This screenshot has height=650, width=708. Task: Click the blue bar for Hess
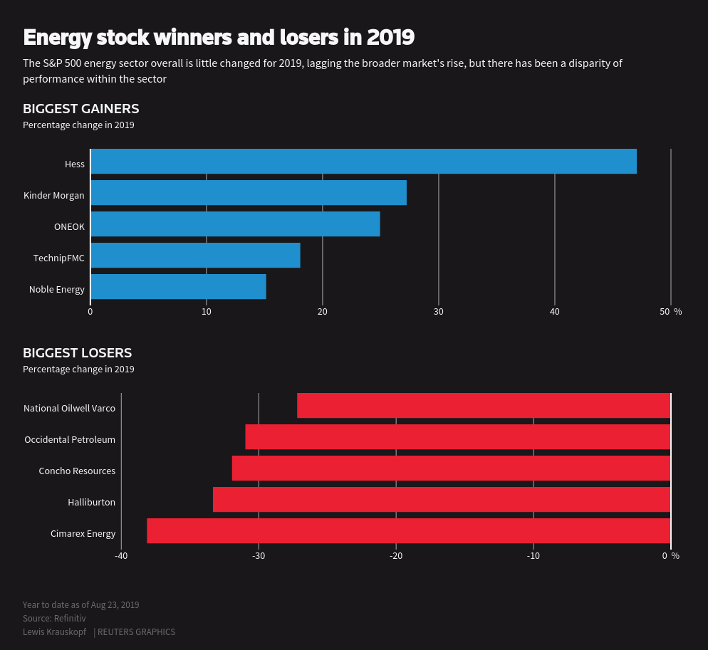click(x=363, y=162)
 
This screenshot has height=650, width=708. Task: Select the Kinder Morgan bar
click(x=249, y=193)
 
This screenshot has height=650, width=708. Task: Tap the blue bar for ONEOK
click(x=235, y=224)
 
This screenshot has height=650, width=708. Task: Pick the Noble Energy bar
click(x=178, y=287)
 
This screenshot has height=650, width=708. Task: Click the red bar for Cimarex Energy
click(x=408, y=531)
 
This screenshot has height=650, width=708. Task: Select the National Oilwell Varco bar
click(x=484, y=406)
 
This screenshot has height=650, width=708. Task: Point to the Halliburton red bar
click(x=442, y=500)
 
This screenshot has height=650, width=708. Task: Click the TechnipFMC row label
click(x=59, y=258)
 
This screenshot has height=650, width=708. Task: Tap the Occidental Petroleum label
click(x=70, y=440)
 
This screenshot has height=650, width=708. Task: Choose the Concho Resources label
click(x=77, y=471)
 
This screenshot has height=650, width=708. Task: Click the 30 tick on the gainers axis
click(x=439, y=312)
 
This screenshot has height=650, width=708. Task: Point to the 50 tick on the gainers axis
click(x=665, y=312)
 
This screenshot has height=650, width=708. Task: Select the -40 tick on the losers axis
click(x=121, y=556)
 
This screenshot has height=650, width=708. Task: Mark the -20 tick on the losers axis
click(x=396, y=556)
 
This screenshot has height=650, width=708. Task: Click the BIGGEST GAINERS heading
click(x=80, y=109)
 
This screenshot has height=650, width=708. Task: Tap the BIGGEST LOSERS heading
click(x=77, y=353)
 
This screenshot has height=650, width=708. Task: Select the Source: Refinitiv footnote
click(x=54, y=619)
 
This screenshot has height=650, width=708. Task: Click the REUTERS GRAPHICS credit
click(x=136, y=632)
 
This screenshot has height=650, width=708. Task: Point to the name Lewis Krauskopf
click(x=54, y=632)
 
